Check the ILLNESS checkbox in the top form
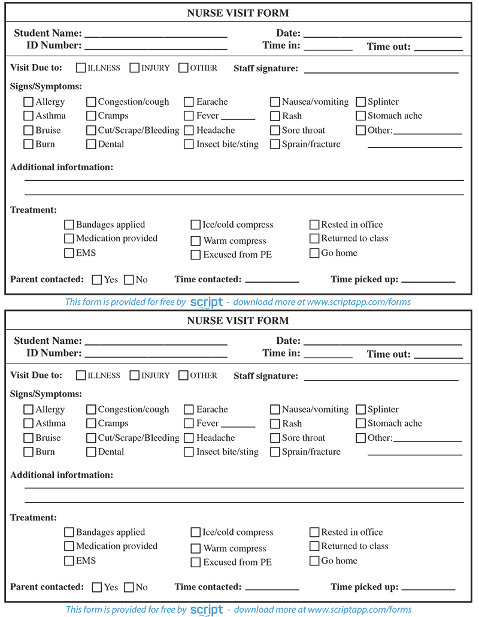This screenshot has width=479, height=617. (81, 68)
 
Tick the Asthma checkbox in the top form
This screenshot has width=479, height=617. (28, 116)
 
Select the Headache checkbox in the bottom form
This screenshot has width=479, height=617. (189, 438)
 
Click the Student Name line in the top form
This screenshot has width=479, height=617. (156, 35)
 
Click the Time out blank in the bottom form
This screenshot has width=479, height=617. (438, 355)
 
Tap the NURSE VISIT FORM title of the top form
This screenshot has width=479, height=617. (238, 13)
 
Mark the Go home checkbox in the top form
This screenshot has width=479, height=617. (314, 253)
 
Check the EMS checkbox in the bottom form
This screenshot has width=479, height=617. (69, 561)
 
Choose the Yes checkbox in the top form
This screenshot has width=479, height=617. (97, 279)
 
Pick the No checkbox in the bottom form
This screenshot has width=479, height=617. (129, 587)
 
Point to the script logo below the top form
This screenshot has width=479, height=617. (207, 303)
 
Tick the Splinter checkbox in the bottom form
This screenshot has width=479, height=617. (361, 410)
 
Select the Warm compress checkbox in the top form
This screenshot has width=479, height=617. (196, 241)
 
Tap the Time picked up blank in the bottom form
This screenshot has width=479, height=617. (428, 588)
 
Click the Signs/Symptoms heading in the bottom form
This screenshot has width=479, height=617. (46, 394)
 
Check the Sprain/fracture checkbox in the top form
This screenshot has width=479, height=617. (275, 144)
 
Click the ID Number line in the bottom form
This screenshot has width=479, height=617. (156, 355)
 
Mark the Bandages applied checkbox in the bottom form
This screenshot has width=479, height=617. (69, 532)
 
